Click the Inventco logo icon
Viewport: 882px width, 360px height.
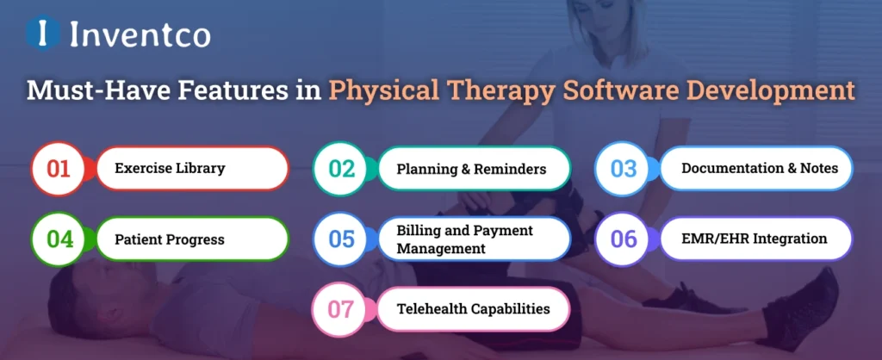coord(41,34)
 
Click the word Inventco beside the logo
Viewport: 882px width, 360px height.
coord(140,34)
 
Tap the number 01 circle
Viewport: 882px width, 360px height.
coord(59,169)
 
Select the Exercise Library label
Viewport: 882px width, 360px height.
coord(170,169)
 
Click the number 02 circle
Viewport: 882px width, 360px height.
coord(342,169)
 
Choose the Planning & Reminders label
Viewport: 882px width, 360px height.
coord(471,169)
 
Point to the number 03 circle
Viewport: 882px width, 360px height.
coord(624,169)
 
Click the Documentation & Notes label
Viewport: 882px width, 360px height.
coord(759,169)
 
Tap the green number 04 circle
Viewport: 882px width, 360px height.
coord(59,239)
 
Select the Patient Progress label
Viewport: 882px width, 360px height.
coord(170,239)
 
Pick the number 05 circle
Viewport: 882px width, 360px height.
coord(342,239)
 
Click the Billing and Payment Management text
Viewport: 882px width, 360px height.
coord(465,239)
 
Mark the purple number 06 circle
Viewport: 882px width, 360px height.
coord(624,239)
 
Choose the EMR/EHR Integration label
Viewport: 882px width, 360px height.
coord(754,239)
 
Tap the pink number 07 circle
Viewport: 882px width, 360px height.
coord(342,308)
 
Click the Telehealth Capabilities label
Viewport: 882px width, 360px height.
coord(472,308)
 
